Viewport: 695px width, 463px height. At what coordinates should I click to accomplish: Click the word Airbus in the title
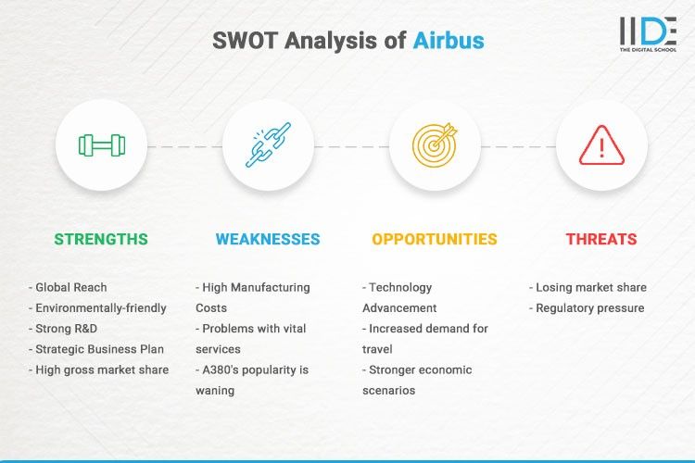tap(448, 41)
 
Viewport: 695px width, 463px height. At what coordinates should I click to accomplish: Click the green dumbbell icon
tap(101, 145)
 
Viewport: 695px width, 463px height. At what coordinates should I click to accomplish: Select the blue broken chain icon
tap(268, 145)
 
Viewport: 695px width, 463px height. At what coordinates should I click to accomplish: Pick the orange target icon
tap(435, 145)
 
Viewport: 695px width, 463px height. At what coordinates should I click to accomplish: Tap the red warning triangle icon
tap(601, 145)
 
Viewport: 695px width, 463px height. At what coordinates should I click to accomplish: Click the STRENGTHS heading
tap(101, 239)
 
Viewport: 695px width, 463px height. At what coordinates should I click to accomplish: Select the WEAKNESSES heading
tap(268, 239)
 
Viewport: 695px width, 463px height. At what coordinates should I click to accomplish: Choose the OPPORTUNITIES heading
tap(435, 239)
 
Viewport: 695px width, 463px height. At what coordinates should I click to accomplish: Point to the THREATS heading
tap(601, 239)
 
